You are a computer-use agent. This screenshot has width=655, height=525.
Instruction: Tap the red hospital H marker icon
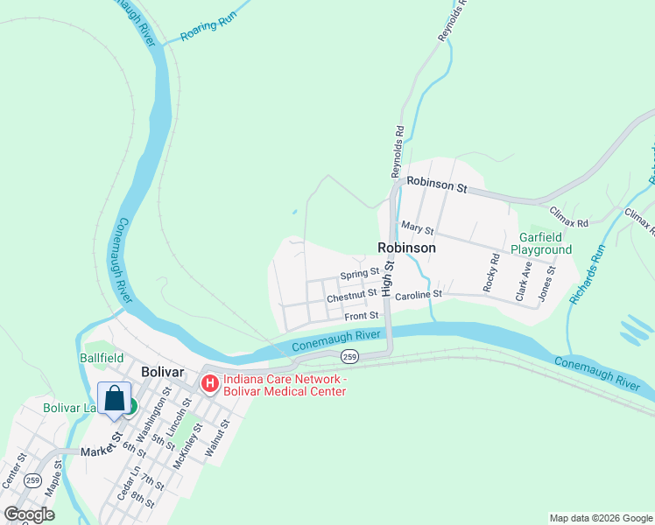210,382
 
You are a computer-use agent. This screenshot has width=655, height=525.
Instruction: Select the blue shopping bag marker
114,400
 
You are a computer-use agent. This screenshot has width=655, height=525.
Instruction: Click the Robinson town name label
406,248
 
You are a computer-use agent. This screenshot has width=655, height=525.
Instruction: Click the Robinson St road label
438,186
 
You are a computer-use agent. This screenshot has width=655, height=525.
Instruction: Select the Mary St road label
417,228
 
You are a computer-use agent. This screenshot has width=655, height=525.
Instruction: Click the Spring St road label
359,275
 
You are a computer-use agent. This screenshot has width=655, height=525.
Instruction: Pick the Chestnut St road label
351,297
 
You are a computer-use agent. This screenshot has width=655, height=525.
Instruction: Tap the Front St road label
361,316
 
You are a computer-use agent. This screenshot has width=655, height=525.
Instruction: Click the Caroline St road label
419,297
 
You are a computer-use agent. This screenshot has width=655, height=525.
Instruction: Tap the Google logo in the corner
29,514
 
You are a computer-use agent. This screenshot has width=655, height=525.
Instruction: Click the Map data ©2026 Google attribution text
600,518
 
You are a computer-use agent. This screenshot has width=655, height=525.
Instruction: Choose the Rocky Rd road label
490,273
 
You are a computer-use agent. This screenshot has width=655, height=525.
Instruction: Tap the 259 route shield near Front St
349,357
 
